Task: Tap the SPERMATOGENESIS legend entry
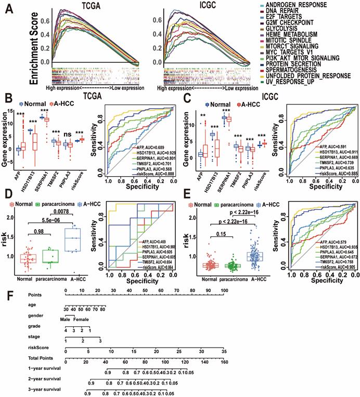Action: click(x=303, y=69)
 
